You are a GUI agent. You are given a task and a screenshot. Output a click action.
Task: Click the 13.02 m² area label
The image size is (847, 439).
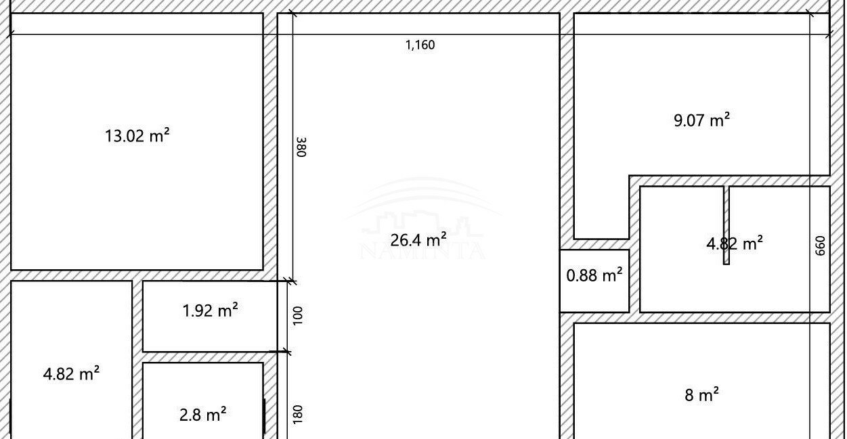pos(137,136)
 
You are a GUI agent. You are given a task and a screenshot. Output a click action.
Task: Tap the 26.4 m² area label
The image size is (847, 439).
pos(418,240)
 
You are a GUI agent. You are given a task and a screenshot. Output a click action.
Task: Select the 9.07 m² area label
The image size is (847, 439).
pos(701,120)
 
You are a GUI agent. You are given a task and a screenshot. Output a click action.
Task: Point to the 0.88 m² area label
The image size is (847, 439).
pos(594,275)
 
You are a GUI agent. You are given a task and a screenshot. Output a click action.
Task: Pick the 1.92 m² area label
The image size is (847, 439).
pos(211,310)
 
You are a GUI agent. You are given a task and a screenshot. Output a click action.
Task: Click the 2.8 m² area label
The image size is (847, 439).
pos(202,415)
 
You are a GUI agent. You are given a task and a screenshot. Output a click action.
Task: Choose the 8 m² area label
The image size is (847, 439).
pos(701,395)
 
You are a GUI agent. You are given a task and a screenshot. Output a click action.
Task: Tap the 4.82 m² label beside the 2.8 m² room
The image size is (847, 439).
pos(71,374)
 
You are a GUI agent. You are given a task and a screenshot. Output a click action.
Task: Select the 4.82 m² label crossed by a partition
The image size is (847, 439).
pos(735,244)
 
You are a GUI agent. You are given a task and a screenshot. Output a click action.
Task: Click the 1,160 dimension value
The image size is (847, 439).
pos(420,45)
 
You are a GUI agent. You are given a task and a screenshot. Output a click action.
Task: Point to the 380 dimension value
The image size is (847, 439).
pos(301,147)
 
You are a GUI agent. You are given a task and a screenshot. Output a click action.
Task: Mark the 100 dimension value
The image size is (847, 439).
pos(298,315)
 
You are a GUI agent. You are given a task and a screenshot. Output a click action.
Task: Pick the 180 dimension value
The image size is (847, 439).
pos(298,415)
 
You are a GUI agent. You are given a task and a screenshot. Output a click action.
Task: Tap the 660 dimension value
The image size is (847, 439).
pos(820,246)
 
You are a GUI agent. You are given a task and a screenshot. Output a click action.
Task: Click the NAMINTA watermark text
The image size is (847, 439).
pos(422,251)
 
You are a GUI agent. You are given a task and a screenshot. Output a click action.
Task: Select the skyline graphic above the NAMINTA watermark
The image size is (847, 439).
pos(422,224)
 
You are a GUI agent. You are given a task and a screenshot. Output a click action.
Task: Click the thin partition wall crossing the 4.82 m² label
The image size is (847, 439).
pos(726,225)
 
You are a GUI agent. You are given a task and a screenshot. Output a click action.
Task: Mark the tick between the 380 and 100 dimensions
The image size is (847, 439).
pos(292,281)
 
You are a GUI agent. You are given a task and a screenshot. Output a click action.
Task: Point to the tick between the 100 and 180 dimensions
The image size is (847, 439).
pos(287,352)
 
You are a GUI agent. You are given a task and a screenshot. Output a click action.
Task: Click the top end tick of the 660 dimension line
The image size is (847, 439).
pos(810,14)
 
